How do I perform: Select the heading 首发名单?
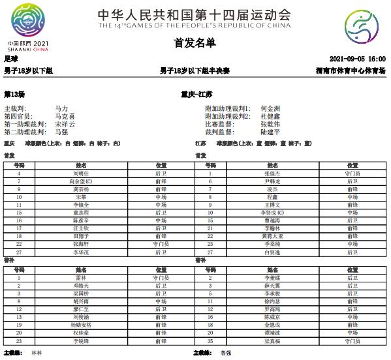[195, 43]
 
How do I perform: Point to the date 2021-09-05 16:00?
[358, 59]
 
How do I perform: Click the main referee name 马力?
[61, 108]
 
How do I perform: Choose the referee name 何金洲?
[270, 108]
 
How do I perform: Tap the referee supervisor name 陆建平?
[270, 131]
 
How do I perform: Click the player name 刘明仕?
[80, 173]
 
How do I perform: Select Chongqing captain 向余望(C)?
[81, 181]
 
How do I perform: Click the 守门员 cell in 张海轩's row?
[161, 243]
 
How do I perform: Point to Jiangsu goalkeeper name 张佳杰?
[272, 173]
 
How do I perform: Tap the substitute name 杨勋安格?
[81, 325]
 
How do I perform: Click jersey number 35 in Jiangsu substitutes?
[210, 340]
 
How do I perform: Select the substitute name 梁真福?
[272, 340]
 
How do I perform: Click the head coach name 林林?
[36, 353]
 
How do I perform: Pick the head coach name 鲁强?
[226, 353]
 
